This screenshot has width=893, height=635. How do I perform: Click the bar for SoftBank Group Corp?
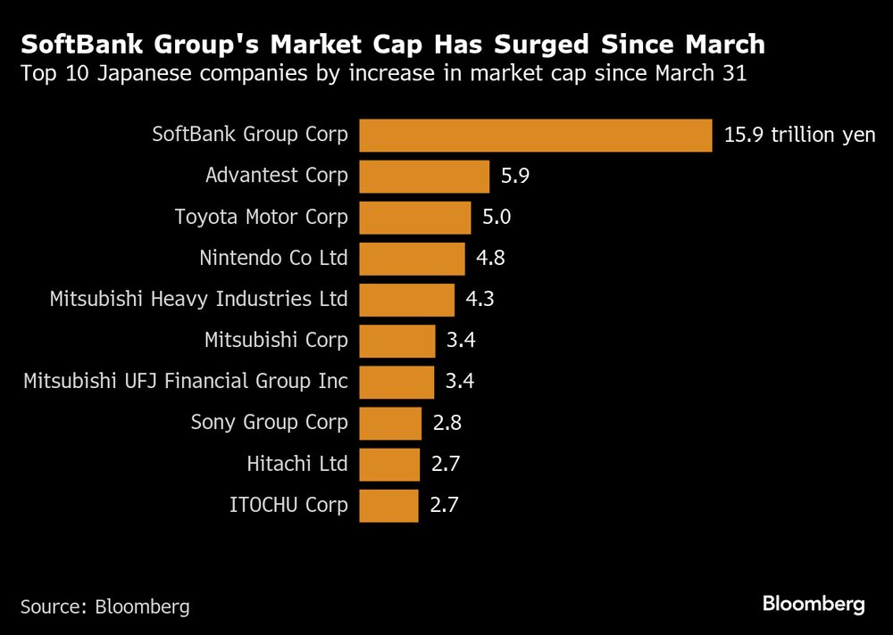pyautogui.click(x=535, y=136)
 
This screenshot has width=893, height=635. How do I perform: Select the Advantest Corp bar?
pyautogui.click(x=424, y=177)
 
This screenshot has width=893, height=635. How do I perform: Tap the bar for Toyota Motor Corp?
pyautogui.click(x=414, y=218)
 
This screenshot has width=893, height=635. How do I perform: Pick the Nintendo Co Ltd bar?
pyautogui.click(x=412, y=259)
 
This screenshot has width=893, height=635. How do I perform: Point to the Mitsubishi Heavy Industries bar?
pyautogui.click(x=406, y=300)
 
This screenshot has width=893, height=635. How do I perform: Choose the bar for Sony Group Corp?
pyautogui.click(x=390, y=423)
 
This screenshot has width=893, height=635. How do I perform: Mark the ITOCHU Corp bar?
pyautogui.click(x=388, y=506)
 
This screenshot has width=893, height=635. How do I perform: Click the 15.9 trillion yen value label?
pyautogui.click(x=799, y=136)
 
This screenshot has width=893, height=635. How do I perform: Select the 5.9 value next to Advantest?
pyautogui.click(x=515, y=177)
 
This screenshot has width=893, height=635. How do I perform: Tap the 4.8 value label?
pyautogui.click(x=491, y=259)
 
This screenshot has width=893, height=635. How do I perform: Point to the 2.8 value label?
pyautogui.click(x=446, y=423)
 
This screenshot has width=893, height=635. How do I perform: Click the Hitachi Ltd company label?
pyautogui.click(x=296, y=464)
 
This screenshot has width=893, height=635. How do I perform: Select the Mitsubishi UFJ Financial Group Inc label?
pyautogui.click(x=186, y=382)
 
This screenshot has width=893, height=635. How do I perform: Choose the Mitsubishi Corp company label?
pyautogui.click(x=276, y=341)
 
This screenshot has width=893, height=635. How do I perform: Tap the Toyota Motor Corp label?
pyautogui.click(x=261, y=218)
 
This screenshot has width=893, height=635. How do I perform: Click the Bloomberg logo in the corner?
pyautogui.click(x=814, y=605)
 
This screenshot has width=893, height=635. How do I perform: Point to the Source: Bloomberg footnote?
pyautogui.click(x=105, y=606)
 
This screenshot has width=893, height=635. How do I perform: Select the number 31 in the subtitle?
pyautogui.click(x=731, y=74)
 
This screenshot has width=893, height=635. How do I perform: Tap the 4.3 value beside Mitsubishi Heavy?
pyautogui.click(x=480, y=300)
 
